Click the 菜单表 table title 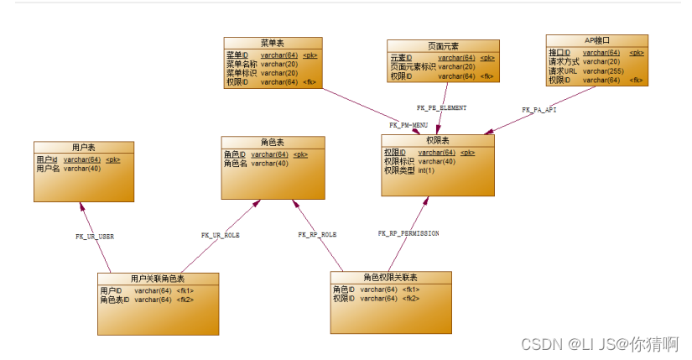(x=273, y=43)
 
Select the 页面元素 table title (x=442, y=45)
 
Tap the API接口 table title (x=596, y=39)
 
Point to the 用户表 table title (x=83, y=147)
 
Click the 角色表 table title (x=273, y=142)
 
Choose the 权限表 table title (x=438, y=140)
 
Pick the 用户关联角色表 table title (x=158, y=278)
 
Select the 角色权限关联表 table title (x=390, y=277)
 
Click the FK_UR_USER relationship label (x=95, y=237)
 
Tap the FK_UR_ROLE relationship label (x=221, y=236)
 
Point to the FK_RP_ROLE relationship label (x=317, y=235)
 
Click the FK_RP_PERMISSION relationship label (x=408, y=233)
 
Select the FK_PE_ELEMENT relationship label (x=441, y=108)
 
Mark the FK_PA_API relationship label (x=539, y=110)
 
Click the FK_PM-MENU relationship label (x=408, y=125)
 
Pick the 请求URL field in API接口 (x=563, y=71)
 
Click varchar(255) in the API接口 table (x=602, y=71)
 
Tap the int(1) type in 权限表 (x=426, y=170)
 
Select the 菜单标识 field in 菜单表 (x=242, y=73)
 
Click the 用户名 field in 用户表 (x=48, y=169)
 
